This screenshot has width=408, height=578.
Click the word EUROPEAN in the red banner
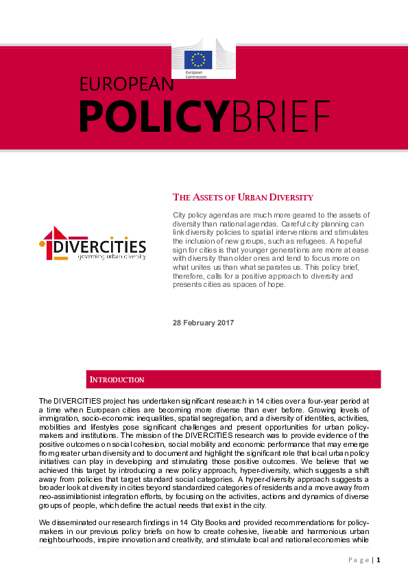pos(128,84)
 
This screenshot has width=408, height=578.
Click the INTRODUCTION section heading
pos(117,380)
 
